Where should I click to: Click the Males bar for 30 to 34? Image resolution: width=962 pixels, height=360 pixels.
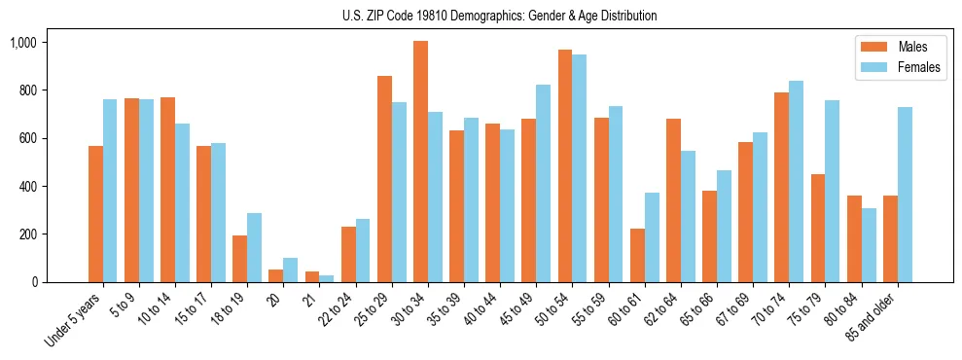click(420, 162)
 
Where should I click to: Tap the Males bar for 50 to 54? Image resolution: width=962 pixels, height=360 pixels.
click(565, 165)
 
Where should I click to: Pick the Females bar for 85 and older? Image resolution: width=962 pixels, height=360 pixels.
click(905, 195)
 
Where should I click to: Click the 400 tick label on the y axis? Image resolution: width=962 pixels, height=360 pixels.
click(27, 187)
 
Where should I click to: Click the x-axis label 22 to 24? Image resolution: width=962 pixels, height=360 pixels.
click(342, 309)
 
